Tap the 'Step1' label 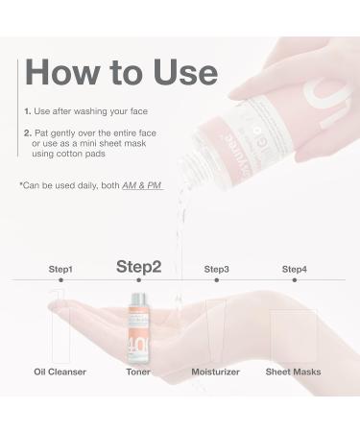point(60,270)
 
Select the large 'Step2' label point(138,266)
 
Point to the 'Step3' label point(217,270)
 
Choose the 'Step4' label point(294,270)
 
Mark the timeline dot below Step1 point(60,281)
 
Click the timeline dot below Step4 point(294,281)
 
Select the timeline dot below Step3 point(217,281)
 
